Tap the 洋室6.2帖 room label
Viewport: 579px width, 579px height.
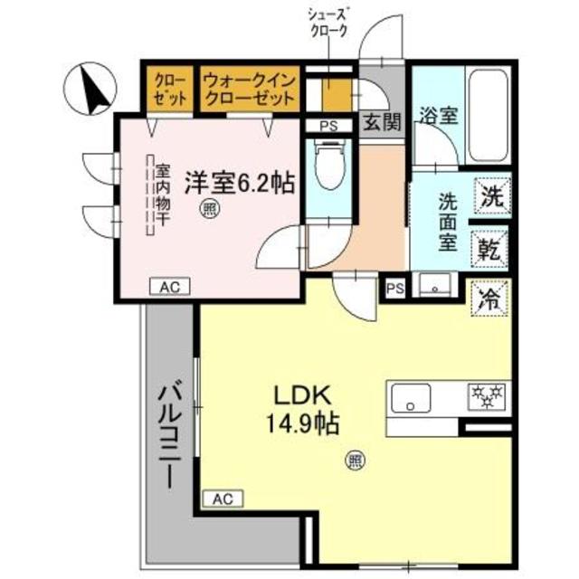pos(240,182)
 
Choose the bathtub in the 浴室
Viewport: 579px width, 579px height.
pos(485,119)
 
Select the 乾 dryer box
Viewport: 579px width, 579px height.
pos(492,246)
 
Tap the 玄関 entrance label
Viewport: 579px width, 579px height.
pos(381,124)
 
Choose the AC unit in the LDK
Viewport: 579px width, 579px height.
pos(224,497)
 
